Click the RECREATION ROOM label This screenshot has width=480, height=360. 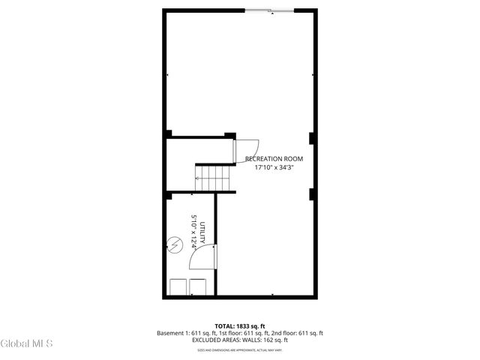[274, 159]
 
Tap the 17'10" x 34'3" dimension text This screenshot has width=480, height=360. [274, 167]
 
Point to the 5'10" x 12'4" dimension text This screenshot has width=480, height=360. [194, 232]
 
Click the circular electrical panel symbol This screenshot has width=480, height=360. [175, 244]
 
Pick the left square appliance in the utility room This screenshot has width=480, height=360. [178, 288]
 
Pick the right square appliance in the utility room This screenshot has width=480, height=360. [198, 288]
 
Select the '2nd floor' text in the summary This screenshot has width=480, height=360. [281, 333]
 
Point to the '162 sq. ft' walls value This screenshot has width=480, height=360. [274, 340]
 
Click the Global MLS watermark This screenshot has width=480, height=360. [26, 344]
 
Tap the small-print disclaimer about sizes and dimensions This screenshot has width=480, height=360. [240, 349]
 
